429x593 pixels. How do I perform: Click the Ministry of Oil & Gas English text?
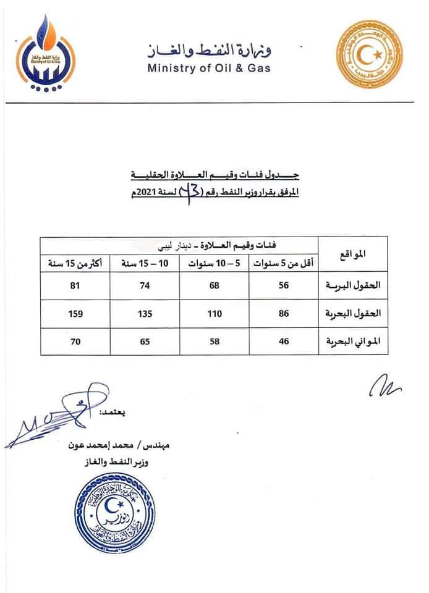point(208,68)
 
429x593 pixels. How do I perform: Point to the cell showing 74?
point(145,286)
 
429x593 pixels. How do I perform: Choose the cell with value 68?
point(214,286)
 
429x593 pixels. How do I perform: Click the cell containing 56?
point(284,286)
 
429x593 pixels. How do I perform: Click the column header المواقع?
point(352,254)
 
